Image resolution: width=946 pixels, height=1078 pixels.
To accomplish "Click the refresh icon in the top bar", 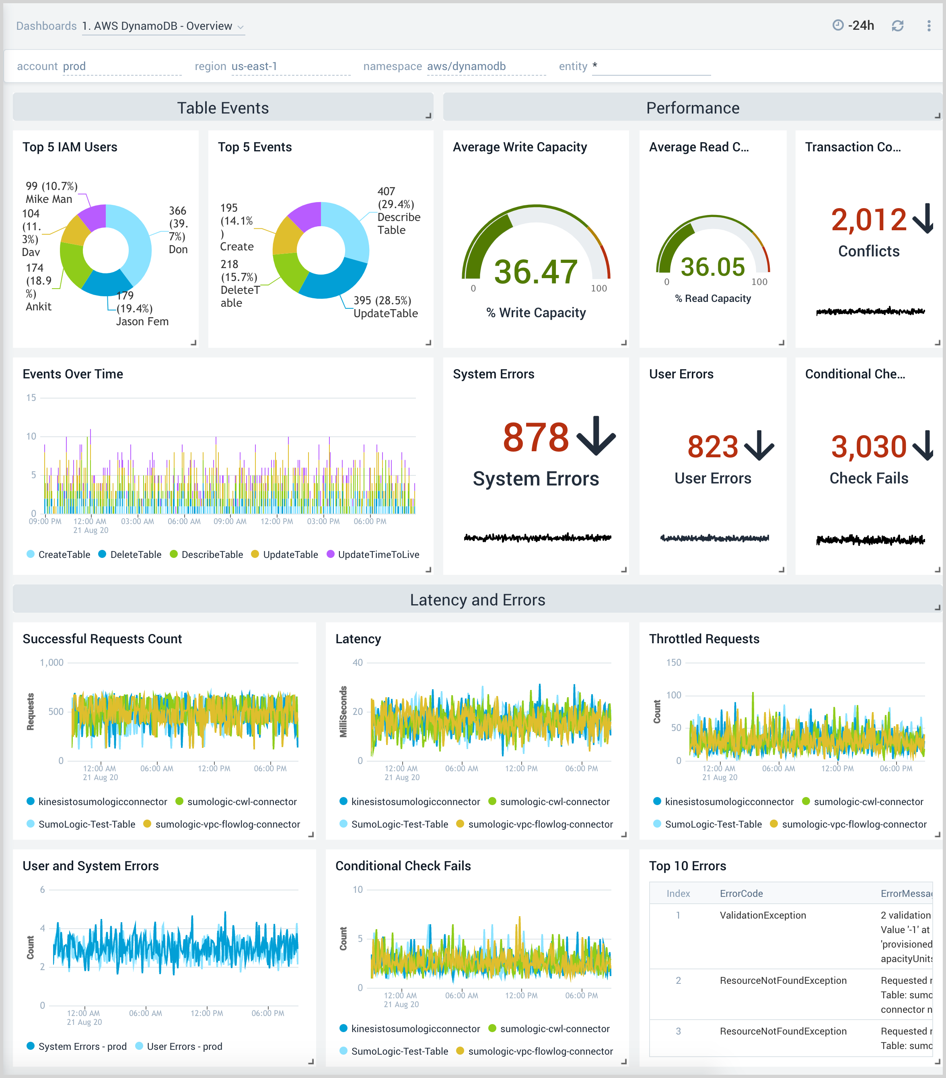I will (x=897, y=26).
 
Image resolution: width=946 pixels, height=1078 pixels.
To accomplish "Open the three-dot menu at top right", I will (x=929, y=26).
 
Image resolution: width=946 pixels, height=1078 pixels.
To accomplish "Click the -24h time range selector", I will (x=854, y=26).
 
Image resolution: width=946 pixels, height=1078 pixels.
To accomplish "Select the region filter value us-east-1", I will (x=254, y=66).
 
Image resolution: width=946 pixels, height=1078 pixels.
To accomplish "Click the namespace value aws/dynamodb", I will (x=466, y=66).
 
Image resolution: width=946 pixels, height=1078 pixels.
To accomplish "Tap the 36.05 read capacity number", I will (x=713, y=267).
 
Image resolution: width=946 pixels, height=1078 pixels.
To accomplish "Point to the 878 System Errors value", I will (x=535, y=437).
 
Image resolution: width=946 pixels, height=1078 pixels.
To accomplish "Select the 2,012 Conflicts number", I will (x=868, y=220).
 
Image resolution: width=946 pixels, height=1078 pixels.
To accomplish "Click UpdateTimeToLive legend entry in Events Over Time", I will (x=378, y=554).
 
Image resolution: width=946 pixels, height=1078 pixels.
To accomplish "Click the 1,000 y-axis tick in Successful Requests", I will (x=51, y=663).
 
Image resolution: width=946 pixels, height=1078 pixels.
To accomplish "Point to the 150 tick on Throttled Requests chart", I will (x=674, y=663).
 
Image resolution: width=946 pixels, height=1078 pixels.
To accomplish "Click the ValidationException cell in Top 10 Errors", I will (x=763, y=915).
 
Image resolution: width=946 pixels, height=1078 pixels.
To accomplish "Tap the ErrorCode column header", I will (x=741, y=893).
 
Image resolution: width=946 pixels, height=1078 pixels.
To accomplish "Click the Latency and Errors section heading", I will (x=477, y=600).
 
